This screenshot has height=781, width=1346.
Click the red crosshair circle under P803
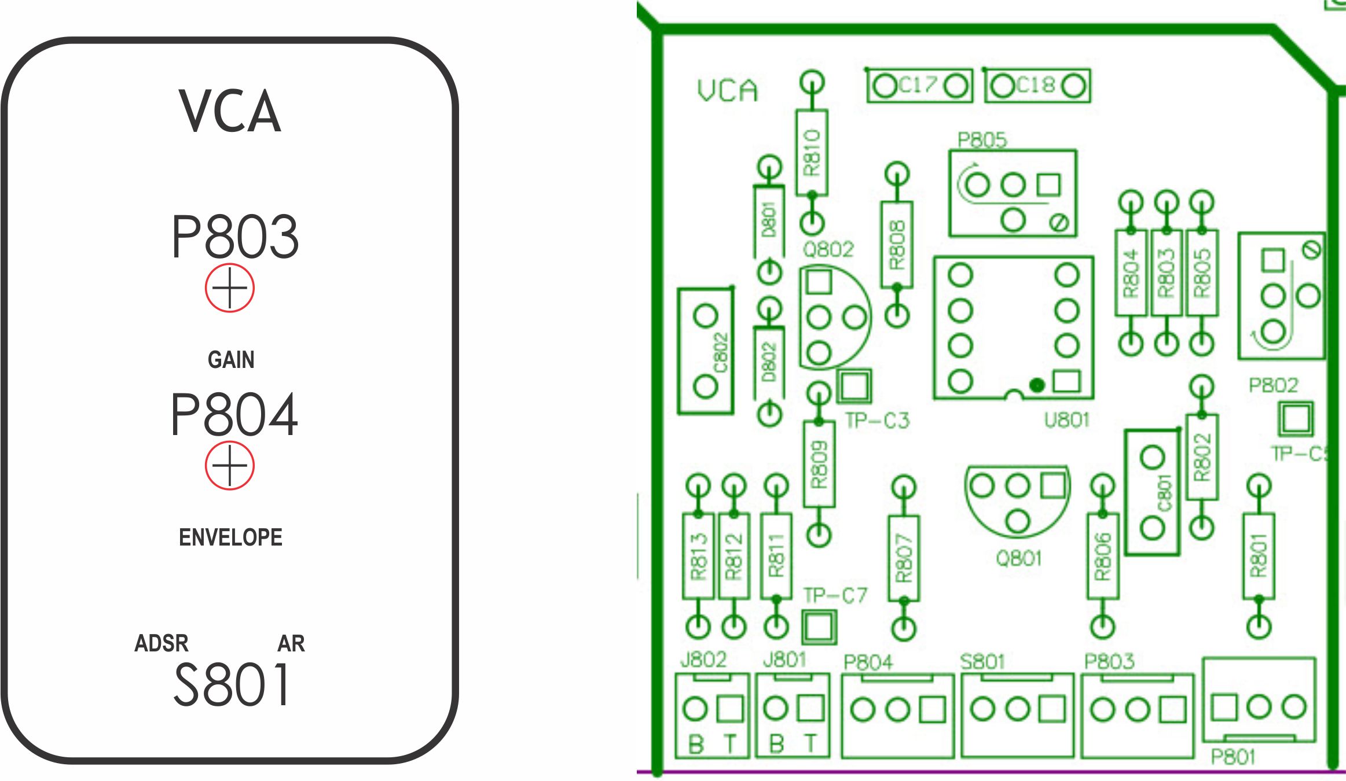click(x=229, y=288)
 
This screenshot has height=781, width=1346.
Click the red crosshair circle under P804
click(x=229, y=466)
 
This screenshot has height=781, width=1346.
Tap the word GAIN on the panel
click(x=230, y=360)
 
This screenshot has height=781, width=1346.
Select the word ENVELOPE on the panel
click(x=230, y=537)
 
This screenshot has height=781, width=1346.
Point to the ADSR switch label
click(x=162, y=643)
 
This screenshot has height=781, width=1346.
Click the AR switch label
click(x=291, y=643)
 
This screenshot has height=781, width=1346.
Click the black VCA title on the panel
click(x=230, y=111)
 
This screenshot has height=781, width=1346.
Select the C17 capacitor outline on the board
click(x=919, y=86)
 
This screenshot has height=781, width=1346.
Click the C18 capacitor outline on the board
click(x=1037, y=86)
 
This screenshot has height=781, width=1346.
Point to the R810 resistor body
click(x=812, y=152)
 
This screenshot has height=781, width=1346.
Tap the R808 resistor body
click(x=897, y=245)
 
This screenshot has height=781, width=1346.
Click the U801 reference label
click(x=1066, y=420)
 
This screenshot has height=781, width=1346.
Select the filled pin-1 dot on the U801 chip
click(x=1037, y=385)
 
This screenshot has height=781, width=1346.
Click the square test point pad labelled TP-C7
click(x=819, y=627)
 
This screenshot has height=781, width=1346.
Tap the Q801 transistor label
click(x=1019, y=558)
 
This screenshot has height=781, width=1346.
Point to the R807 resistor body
click(x=904, y=558)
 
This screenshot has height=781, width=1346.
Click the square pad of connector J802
click(x=730, y=709)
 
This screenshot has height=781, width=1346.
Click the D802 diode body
click(x=769, y=362)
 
